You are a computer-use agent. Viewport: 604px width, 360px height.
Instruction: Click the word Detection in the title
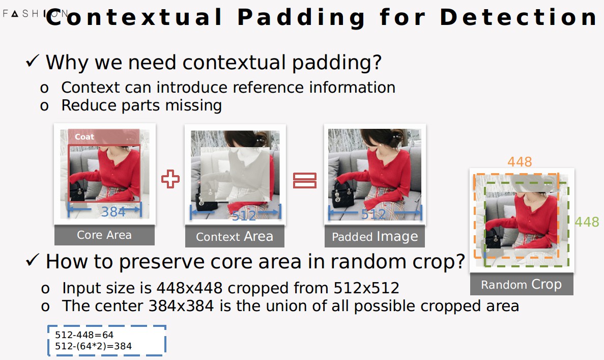click(x=519, y=17)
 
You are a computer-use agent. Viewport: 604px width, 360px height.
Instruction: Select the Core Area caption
click(x=104, y=235)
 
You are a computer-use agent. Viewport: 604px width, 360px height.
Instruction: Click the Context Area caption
click(x=235, y=236)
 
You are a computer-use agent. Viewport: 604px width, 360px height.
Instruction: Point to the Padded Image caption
click(x=375, y=236)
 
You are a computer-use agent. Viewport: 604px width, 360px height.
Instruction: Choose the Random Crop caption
click(x=521, y=285)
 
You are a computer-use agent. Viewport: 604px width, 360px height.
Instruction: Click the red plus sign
click(x=170, y=179)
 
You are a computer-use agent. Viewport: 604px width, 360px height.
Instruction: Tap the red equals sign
click(x=305, y=180)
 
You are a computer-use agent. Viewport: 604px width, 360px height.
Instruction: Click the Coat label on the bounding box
click(x=84, y=137)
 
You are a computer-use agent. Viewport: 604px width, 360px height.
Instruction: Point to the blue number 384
click(x=113, y=212)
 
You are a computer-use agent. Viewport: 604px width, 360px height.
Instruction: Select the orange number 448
click(x=520, y=161)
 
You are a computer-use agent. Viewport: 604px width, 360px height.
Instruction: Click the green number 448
click(x=587, y=221)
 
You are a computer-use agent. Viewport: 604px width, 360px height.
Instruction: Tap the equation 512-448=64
click(x=84, y=335)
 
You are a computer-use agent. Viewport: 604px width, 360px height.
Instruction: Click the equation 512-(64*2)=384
click(x=93, y=346)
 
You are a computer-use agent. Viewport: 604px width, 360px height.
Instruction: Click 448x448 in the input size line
click(x=189, y=288)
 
